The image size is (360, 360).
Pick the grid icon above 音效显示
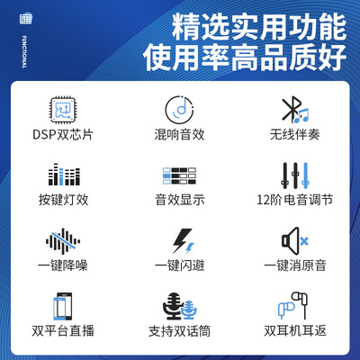[180, 175]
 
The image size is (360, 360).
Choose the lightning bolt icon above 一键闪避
[180, 240]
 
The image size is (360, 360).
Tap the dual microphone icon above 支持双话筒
[180, 307]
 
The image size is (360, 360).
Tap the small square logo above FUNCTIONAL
[25, 18]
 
